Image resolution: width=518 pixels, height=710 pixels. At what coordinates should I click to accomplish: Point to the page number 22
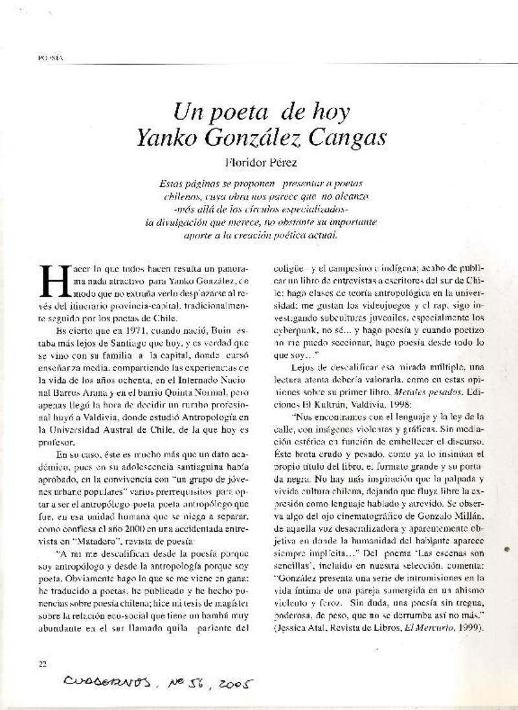(x=43, y=663)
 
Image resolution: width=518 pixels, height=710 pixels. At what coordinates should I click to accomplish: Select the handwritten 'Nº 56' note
(x=181, y=681)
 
